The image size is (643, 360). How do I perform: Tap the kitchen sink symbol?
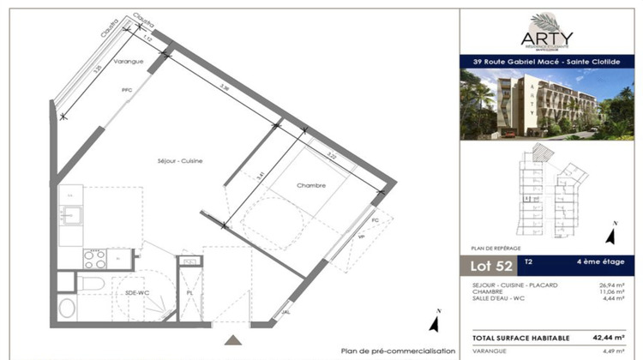71,213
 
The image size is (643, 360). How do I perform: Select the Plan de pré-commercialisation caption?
398,350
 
